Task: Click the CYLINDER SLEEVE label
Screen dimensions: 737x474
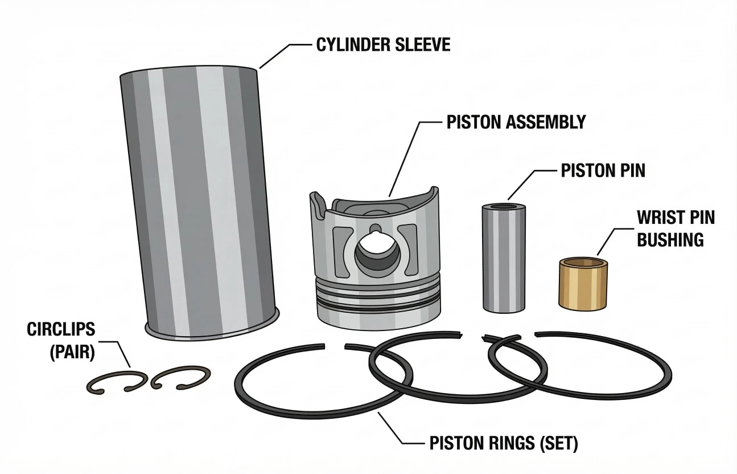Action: pos(384,45)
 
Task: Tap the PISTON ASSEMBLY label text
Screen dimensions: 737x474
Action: pos(516,122)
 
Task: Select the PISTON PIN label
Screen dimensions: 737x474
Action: pos(603,170)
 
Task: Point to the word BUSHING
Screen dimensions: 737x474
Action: pos(670,239)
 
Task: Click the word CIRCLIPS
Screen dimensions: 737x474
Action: pos(61,329)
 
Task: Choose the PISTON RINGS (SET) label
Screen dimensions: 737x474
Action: pos(504,443)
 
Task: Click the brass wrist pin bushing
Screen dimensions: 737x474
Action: pos(583,284)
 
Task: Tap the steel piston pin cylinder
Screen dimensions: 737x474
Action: pos(504,258)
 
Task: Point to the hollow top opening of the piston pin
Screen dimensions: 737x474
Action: pos(504,207)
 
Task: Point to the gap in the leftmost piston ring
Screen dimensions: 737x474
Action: pos(335,346)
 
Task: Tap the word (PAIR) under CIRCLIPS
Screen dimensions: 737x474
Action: pos(72,352)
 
